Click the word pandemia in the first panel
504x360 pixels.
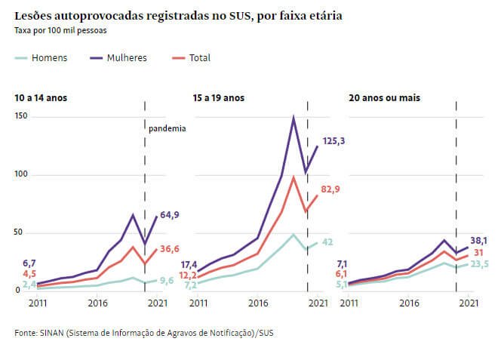coord(167,128)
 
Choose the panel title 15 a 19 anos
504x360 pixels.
coord(220,98)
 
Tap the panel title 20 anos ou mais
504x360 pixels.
coord(384,98)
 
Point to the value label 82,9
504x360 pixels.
coord(330,189)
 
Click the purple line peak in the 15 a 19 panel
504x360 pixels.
coord(293,118)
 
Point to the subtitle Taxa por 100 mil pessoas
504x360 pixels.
coord(60,31)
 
